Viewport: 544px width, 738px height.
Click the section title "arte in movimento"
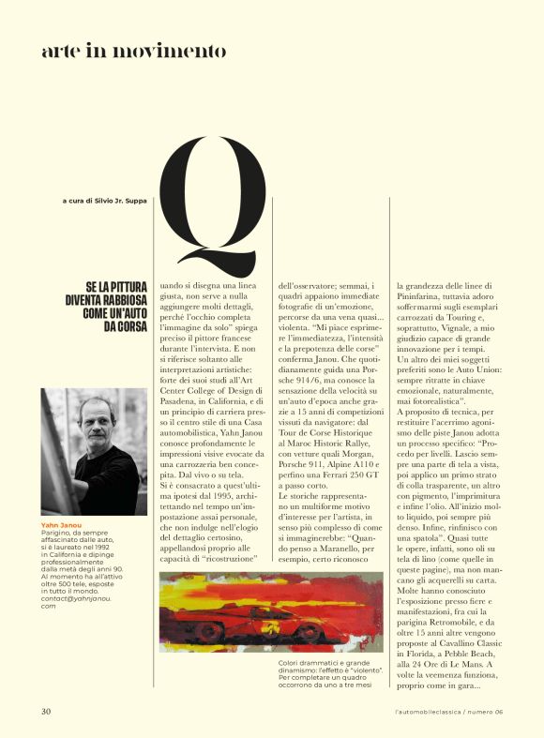click(133, 51)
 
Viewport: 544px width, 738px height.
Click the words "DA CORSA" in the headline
click(122, 326)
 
